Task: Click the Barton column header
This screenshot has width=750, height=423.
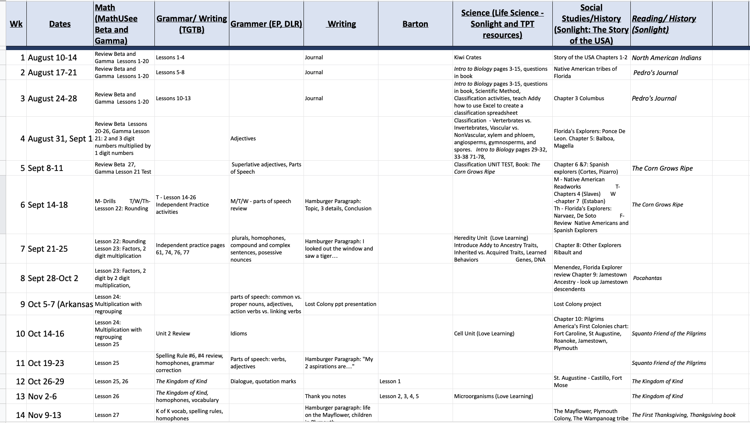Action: (x=415, y=24)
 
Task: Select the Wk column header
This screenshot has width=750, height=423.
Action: (x=16, y=24)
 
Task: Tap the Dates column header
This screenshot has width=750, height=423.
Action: (x=60, y=24)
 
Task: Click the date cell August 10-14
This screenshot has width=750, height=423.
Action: (x=52, y=58)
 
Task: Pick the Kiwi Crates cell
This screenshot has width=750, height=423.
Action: (x=468, y=58)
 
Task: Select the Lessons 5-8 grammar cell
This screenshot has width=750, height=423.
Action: (x=170, y=72)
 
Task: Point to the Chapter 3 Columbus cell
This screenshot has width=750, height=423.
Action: (x=579, y=98)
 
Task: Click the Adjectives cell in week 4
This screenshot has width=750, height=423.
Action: (x=243, y=138)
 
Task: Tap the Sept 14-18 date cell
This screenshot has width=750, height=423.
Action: (x=48, y=205)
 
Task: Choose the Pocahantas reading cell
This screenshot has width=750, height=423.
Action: (x=647, y=278)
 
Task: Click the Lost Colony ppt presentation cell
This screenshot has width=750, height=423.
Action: (x=340, y=304)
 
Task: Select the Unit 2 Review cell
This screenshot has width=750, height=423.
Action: (x=173, y=334)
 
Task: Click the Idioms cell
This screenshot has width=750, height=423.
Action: (x=239, y=334)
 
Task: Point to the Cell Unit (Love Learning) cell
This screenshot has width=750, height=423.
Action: (x=484, y=334)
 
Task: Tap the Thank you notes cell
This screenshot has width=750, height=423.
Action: (x=325, y=396)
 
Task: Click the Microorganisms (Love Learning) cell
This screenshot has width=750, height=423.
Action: (x=493, y=396)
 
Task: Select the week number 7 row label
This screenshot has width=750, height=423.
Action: (x=23, y=249)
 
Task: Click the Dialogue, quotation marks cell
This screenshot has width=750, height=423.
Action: (x=263, y=381)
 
